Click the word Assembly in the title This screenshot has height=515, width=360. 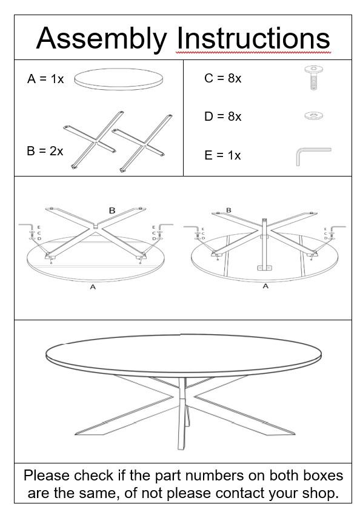[x=101, y=39]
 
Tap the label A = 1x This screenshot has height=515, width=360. [x=45, y=79]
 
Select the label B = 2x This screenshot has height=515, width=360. [x=45, y=151]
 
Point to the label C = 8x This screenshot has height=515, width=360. [x=222, y=78]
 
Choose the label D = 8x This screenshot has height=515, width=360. [x=222, y=116]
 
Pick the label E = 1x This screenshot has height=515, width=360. [x=222, y=155]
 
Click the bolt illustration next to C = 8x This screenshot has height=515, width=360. [x=313, y=78]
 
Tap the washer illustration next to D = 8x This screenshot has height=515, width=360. [x=313, y=115]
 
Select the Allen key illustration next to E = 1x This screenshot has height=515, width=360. [x=312, y=155]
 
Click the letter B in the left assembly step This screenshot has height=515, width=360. [x=112, y=210]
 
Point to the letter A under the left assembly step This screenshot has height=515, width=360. [x=93, y=287]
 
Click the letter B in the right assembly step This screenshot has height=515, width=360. [x=228, y=210]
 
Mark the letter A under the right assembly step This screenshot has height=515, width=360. [x=265, y=286]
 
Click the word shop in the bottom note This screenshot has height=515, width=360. [x=318, y=493]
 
